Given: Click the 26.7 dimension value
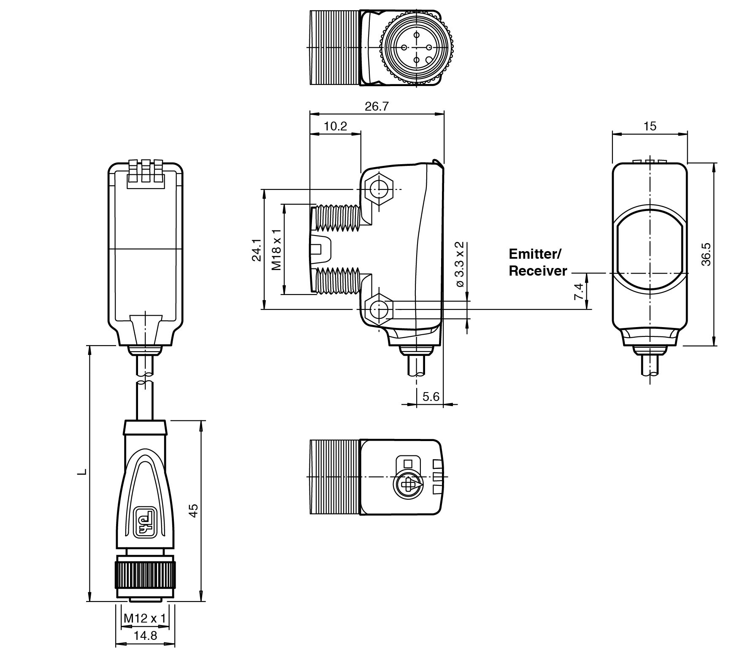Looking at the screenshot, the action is [x=376, y=106].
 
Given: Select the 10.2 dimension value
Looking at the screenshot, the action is [x=335, y=126].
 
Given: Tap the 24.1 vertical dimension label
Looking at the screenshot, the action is [x=257, y=250].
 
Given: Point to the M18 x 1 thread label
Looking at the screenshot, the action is [x=276, y=250].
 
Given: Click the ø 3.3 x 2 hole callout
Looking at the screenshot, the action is [x=460, y=265].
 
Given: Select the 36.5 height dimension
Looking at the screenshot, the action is [x=706, y=254].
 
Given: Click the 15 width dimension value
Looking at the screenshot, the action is [x=650, y=126].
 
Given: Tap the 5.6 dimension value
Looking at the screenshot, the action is [x=431, y=396].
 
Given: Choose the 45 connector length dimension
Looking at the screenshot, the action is [x=193, y=510].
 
